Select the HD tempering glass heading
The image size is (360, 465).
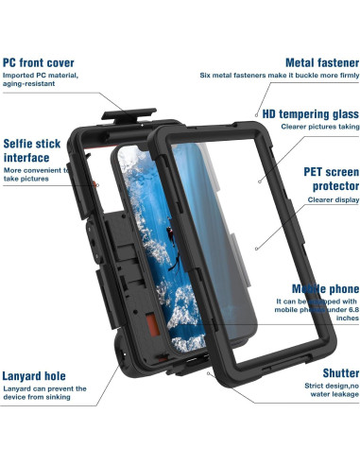pos(303,113)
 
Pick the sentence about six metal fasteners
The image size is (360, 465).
pos(280,76)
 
